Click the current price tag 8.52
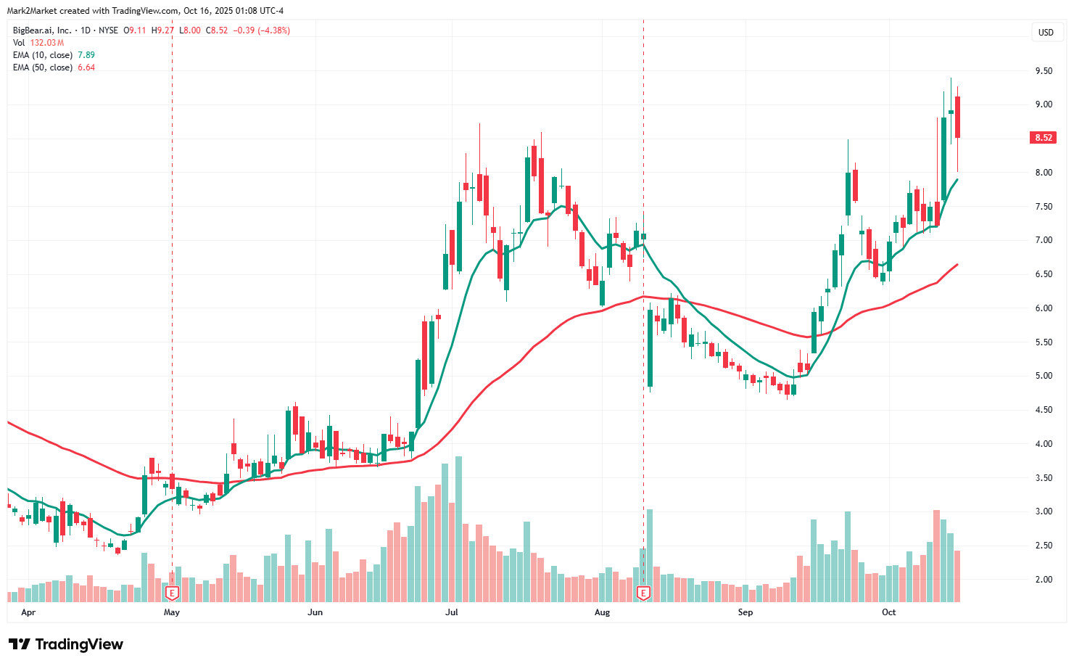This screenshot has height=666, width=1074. click(1044, 138)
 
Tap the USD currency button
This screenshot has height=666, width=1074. click(1046, 33)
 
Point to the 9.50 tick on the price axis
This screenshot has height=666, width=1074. click(1044, 71)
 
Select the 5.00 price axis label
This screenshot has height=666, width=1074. click(1044, 376)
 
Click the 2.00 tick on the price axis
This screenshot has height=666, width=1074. click(1044, 580)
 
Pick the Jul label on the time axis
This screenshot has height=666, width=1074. click(452, 612)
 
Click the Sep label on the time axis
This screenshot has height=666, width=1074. click(745, 612)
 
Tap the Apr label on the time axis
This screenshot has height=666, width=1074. click(28, 612)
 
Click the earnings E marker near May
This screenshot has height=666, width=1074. click(172, 593)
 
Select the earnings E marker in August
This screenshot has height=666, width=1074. click(643, 593)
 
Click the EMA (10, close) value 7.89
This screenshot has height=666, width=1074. click(86, 55)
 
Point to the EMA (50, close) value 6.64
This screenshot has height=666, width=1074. click(86, 67)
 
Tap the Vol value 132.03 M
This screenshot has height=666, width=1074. click(47, 43)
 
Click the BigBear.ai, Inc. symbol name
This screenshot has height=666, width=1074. click(42, 30)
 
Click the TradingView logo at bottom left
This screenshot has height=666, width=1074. click(66, 644)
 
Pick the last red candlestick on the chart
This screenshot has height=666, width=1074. click(958, 117)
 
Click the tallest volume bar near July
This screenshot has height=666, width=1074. click(458, 530)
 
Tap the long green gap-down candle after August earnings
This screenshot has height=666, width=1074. click(650, 348)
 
